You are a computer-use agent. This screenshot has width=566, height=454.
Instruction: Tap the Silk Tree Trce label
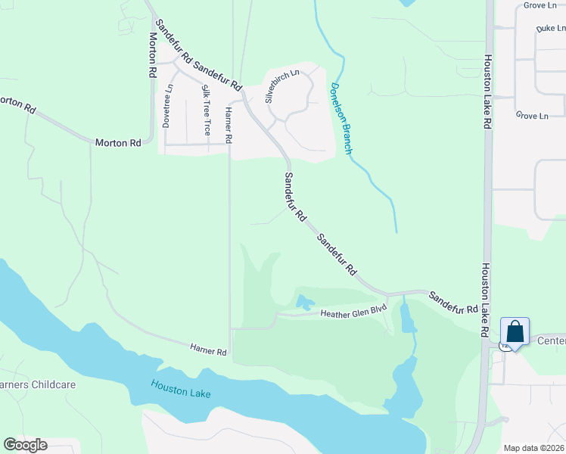[x=206, y=110]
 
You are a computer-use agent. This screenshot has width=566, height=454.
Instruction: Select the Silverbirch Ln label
[x=282, y=86]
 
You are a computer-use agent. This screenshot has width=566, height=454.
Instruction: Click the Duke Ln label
[x=550, y=28]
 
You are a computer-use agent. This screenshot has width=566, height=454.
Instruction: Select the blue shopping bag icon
[x=515, y=332]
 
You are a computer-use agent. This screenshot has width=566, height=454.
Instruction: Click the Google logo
[x=25, y=445]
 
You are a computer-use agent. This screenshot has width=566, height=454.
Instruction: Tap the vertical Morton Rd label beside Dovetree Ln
[x=153, y=54]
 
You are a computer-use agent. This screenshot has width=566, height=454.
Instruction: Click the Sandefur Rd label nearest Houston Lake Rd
[x=453, y=303]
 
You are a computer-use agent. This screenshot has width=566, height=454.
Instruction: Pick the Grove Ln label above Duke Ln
[x=540, y=5]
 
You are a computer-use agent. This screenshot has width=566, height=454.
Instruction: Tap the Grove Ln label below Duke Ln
[x=531, y=116]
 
